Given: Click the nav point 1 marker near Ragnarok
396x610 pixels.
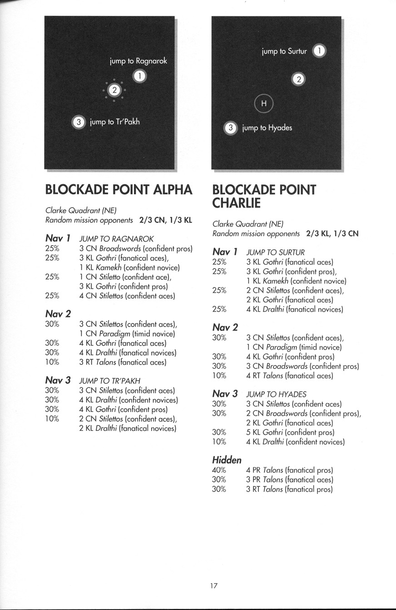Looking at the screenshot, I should pyautogui.click(x=140, y=76).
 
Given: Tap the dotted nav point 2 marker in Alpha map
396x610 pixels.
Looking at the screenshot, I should pyautogui.click(x=115, y=90).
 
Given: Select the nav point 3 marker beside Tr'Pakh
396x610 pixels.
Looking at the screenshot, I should pyautogui.click(x=79, y=122).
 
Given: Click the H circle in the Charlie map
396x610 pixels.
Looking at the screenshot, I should pyautogui.click(x=264, y=104).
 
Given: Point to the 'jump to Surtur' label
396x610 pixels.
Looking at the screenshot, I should pyautogui.click(x=284, y=51).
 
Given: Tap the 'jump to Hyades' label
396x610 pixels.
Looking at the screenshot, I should pyautogui.click(x=267, y=128).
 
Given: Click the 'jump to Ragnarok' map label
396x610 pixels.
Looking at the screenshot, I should pyautogui.click(x=139, y=60).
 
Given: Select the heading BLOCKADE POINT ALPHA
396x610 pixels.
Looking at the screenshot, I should pyautogui.click(x=119, y=190).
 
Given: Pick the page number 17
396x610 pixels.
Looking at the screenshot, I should pyautogui.click(x=213, y=585).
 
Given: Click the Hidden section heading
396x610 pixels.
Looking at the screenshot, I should pyautogui.click(x=227, y=460).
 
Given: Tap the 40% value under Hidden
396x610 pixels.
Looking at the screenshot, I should pyautogui.click(x=219, y=470).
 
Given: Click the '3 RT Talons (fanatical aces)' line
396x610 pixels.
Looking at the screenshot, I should pyautogui.click(x=123, y=362).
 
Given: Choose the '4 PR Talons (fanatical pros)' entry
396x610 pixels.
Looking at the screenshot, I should pyautogui.click(x=289, y=470).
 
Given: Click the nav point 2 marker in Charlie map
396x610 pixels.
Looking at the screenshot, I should pyautogui.click(x=298, y=79).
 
